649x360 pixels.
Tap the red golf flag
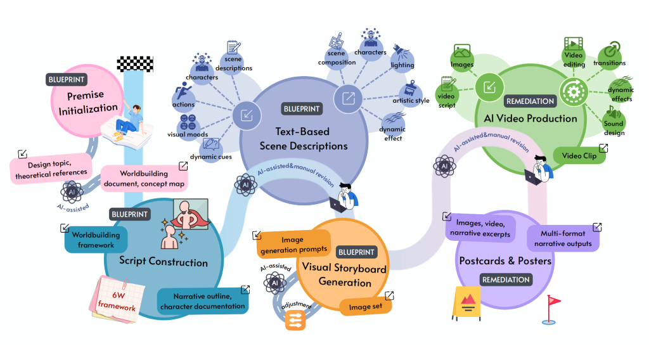click(551, 309)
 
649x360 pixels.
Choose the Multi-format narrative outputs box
click(562, 238)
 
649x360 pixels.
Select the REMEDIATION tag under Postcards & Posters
click(505, 280)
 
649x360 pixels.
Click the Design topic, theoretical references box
click(49, 167)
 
